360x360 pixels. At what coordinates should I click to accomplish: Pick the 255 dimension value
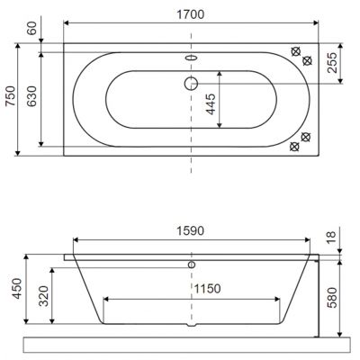[x=333, y=63]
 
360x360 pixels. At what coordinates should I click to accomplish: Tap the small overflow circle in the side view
[x=191, y=266]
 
